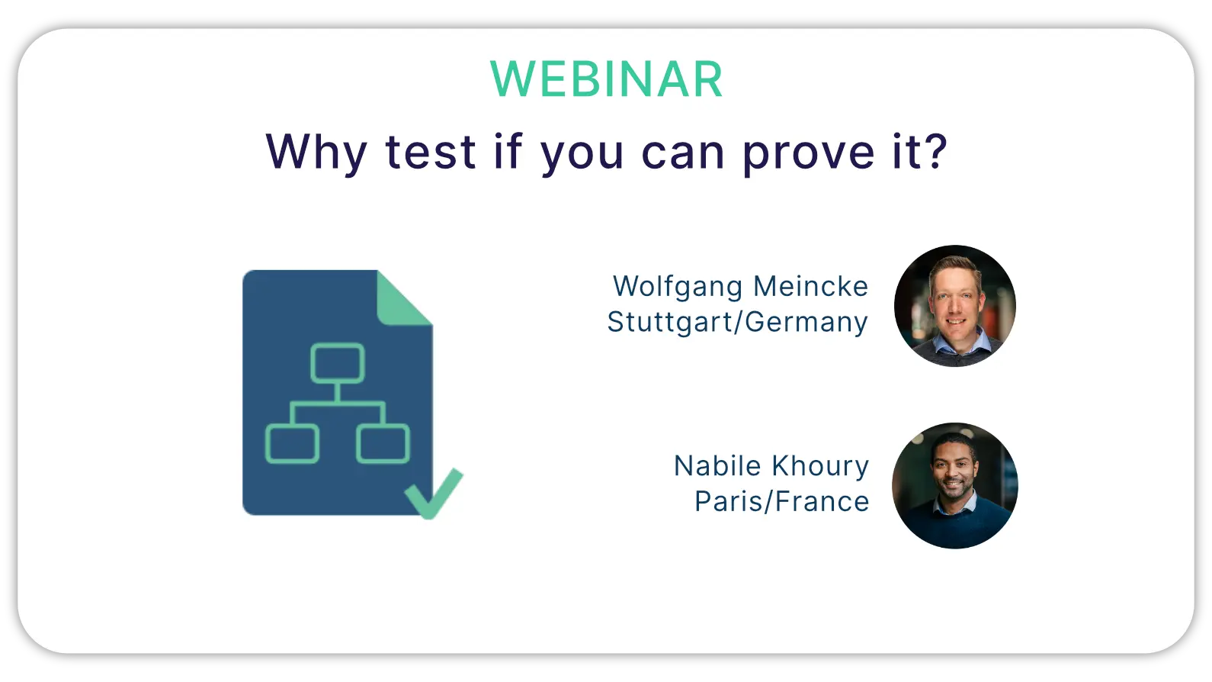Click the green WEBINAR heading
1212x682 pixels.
coord(606,79)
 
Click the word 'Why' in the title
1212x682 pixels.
coord(316,153)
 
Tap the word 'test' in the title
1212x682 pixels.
coord(431,152)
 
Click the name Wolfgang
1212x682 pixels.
coord(678,287)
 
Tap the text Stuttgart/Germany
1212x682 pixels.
coord(737,322)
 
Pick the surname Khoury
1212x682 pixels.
coord(820,467)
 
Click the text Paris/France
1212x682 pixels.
coord(782,501)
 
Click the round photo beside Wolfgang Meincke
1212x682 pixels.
coord(955,306)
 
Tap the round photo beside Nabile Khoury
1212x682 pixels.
coord(955,486)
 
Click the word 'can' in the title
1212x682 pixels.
coord(683,153)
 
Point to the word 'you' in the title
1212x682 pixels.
coord(582,156)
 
